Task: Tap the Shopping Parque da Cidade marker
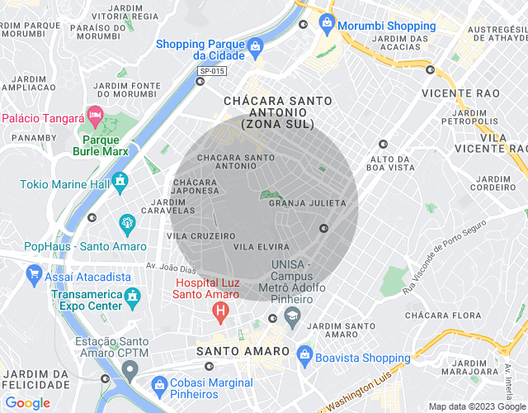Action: coord(255,45)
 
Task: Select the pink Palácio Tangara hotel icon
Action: coord(95,112)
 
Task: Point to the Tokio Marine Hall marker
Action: coord(120,179)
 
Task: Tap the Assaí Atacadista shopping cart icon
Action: coord(34,272)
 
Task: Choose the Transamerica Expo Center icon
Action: coord(132,295)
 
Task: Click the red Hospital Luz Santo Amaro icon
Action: coord(219,312)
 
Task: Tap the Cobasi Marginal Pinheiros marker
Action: coord(159,382)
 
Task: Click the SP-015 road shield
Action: coord(212,72)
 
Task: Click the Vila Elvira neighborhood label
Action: coord(262,246)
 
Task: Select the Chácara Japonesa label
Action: coord(196,186)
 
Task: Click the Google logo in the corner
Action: coord(27,402)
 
